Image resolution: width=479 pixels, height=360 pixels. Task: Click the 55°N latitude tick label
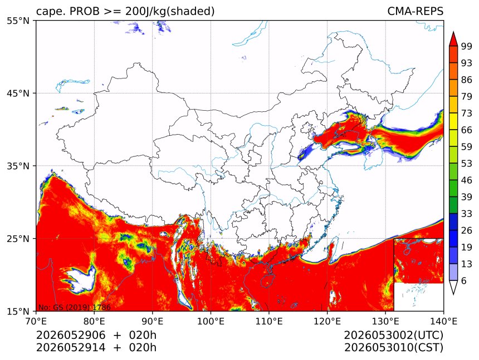pos(18,21)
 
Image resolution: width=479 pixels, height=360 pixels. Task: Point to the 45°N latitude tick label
pos(18,93)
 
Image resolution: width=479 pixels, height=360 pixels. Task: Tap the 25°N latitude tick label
pos(18,238)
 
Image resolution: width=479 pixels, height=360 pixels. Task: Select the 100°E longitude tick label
pos(211,321)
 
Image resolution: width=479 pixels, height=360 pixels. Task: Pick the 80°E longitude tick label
pos(94,321)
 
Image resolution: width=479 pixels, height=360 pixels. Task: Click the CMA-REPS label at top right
pos(415,11)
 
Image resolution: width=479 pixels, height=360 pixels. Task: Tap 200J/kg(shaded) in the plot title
pos(170,12)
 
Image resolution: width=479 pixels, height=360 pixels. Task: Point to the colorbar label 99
pos(467,46)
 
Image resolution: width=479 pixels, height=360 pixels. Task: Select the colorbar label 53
pos(467,164)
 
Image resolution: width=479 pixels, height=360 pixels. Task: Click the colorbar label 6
pos(464,280)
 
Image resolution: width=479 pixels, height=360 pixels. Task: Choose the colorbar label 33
pos(467,214)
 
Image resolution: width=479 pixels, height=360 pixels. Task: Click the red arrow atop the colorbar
pos(453,39)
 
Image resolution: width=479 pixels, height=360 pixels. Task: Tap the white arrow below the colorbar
pos(453,287)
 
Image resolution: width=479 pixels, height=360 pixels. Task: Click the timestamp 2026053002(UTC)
pos(393,335)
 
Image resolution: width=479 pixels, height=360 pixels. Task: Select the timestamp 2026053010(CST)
pos(393,348)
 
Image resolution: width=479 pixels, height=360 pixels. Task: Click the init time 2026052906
pos(71,335)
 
